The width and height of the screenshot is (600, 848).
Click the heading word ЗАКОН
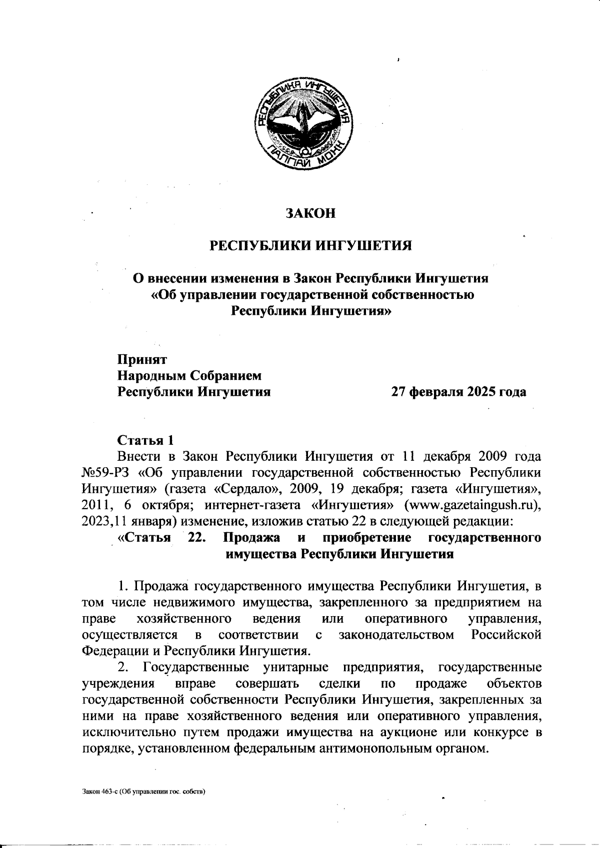coord(310,213)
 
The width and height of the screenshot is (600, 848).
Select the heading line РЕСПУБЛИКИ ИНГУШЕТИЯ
coord(310,246)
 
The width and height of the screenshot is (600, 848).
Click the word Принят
coord(142,359)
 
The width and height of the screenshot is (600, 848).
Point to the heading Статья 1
coord(145,440)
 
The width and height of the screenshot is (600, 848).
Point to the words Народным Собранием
coord(189,375)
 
